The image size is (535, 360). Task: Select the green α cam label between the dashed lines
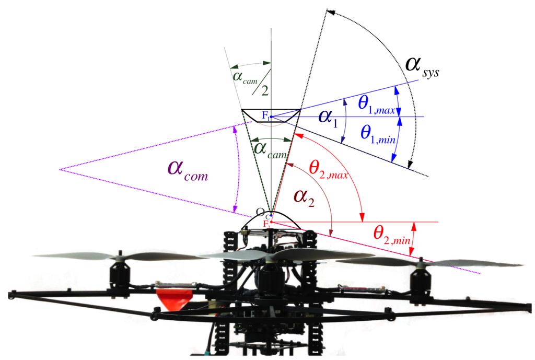(x=270, y=148)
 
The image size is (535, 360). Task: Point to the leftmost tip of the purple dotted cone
(x=60, y=169)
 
